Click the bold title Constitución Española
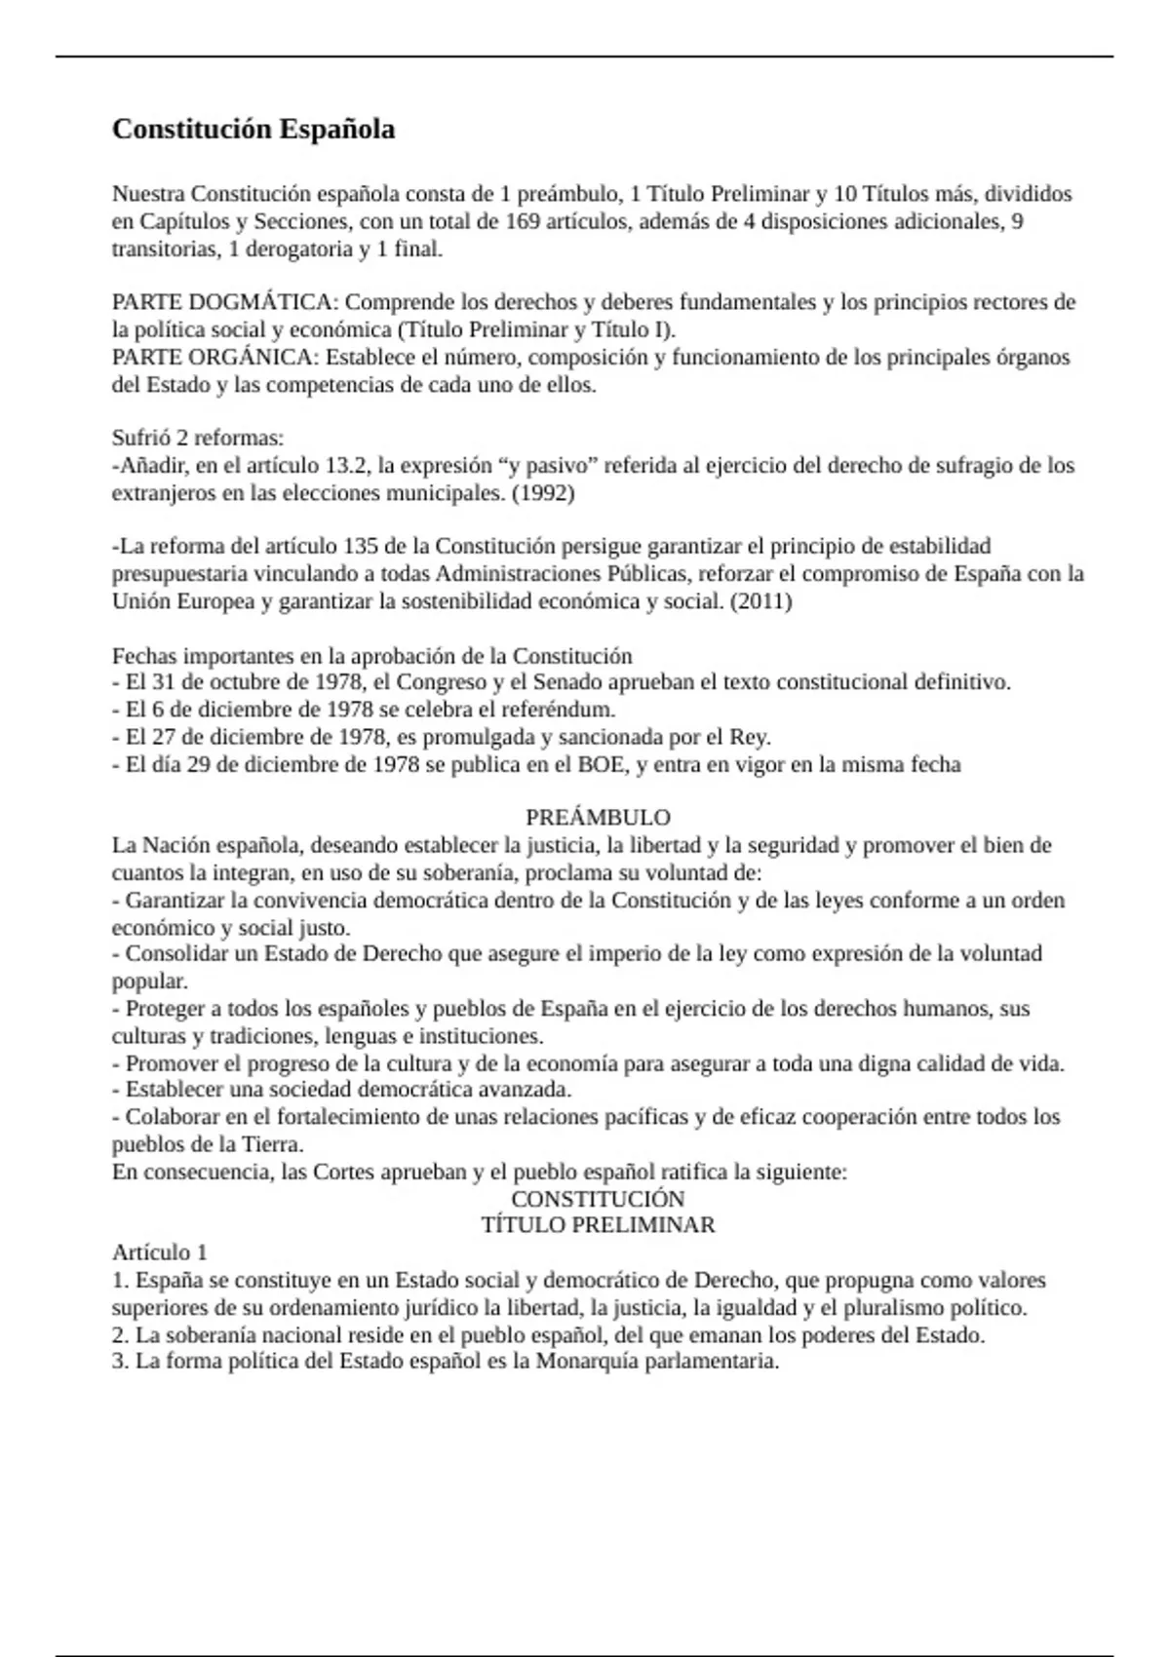point(253,130)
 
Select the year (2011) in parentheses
point(760,600)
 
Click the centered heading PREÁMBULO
point(598,817)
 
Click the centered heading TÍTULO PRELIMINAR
point(598,1225)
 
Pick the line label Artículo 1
point(160,1252)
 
